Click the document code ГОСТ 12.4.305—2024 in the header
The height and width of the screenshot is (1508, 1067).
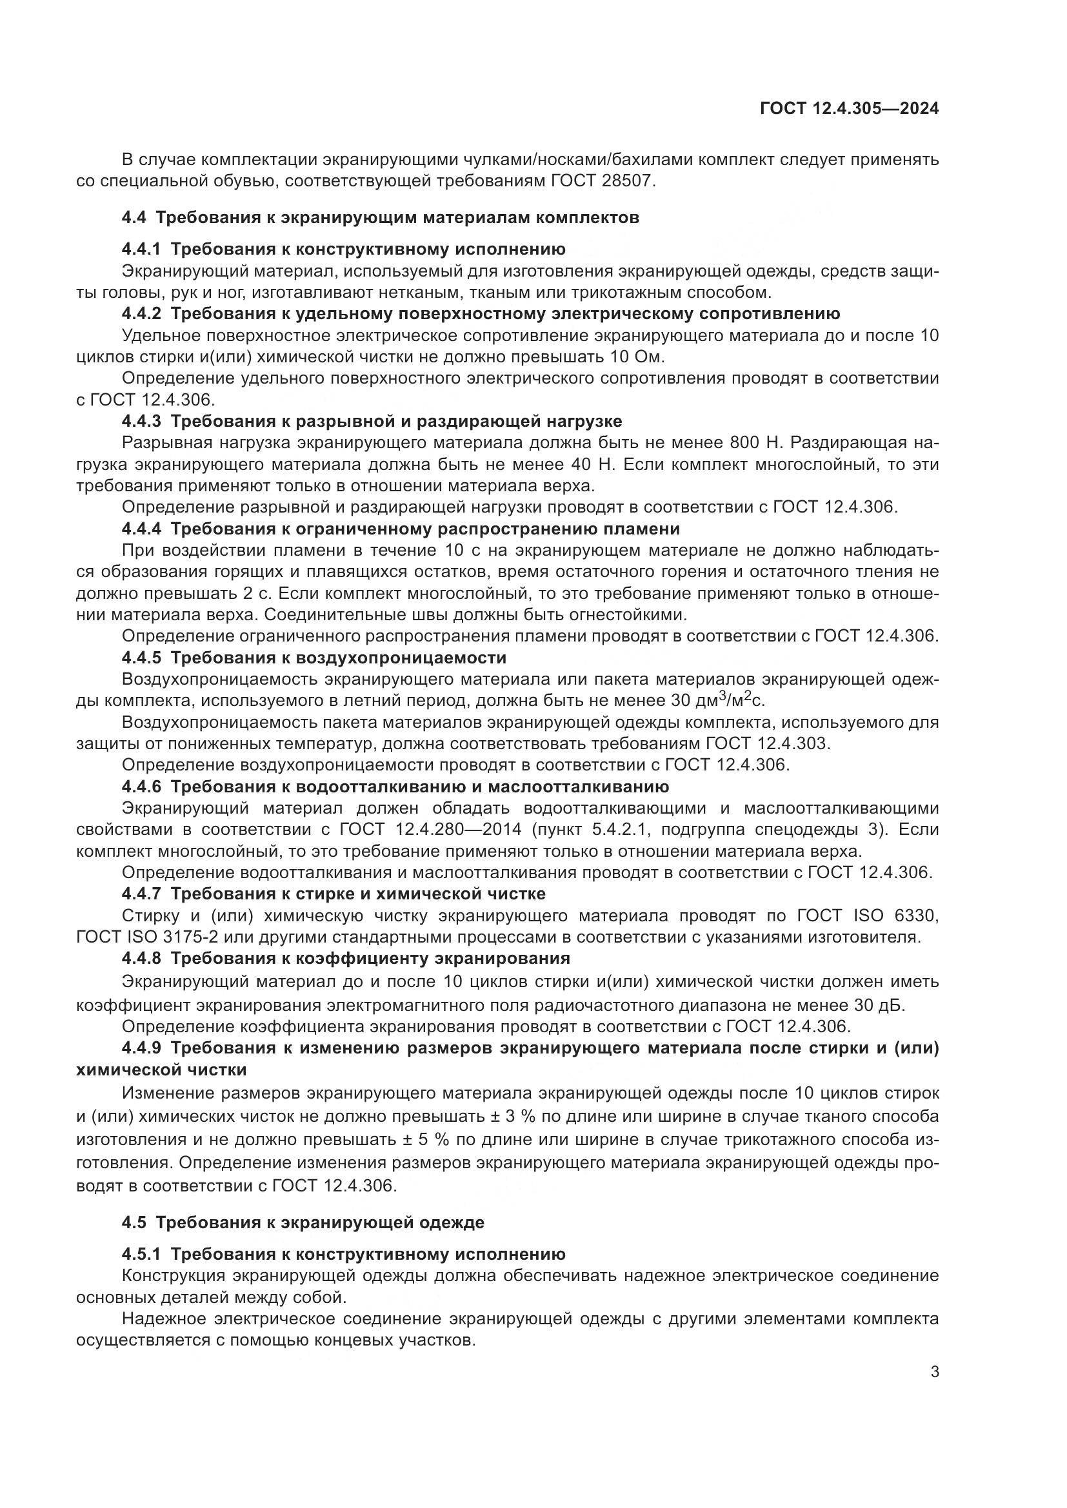(x=849, y=109)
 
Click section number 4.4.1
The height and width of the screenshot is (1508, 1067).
(x=141, y=249)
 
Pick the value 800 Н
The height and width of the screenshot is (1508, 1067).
(x=752, y=444)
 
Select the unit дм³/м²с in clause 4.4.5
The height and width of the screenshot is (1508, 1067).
(x=730, y=700)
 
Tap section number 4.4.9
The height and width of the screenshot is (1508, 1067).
(x=141, y=1048)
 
